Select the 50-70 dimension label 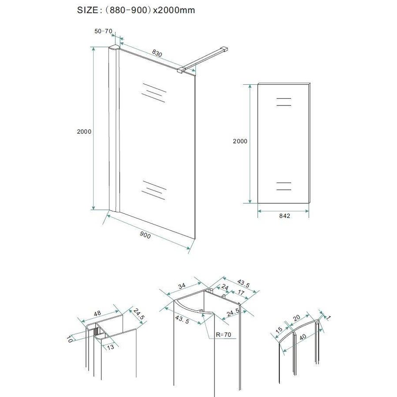click(x=103, y=31)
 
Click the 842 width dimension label click(x=284, y=216)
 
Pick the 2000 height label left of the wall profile click(x=84, y=131)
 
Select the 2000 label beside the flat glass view click(x=240, y=141)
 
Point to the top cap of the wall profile click(x=114, y=48)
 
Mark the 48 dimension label click(x=97, y=313)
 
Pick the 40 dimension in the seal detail click(x=303, y=337)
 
